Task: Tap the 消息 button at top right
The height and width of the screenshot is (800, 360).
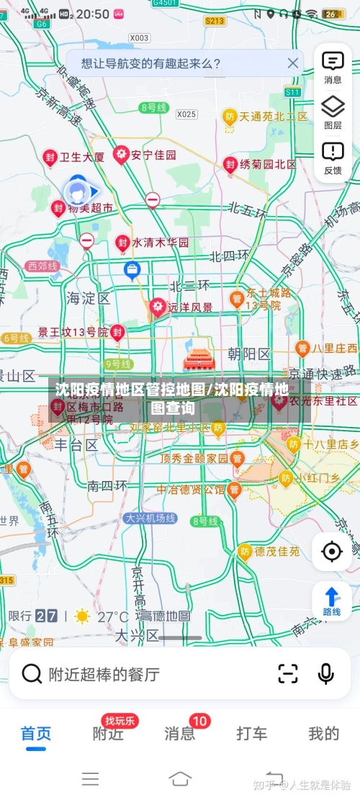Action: (x=333, y=67)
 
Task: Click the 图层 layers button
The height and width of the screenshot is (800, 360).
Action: (x=333, y=112)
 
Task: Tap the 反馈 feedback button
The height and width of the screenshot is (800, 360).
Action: (x=333, y=157)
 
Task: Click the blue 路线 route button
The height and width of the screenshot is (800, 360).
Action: (x=332, y=601)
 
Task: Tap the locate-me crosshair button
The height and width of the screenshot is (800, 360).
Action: (x=332, y=552)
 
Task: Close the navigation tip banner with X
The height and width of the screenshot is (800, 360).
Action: (x=292, y=63)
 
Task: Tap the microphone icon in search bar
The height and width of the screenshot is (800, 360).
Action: (x=325, y=674)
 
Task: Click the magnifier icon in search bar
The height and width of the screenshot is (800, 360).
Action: (x=32, y=674)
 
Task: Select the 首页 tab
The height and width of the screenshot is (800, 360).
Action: (x=36, y=734)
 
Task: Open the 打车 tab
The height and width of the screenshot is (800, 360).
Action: (x=252, y=734)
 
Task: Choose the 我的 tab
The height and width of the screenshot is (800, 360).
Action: (x=323, y=734)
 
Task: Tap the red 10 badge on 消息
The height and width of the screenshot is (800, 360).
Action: (x=199, y=721)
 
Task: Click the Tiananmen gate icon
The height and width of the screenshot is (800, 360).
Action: (x=196, y=358)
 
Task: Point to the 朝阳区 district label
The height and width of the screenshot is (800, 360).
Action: (x=248, y=354)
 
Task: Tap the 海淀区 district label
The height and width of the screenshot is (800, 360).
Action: (x=88, y=297)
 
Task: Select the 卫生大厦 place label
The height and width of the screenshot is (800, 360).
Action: (x=81, y=156)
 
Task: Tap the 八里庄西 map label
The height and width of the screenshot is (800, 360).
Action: (x=334, y=349)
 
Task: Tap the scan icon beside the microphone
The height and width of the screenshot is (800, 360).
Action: (x=287, y=674)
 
